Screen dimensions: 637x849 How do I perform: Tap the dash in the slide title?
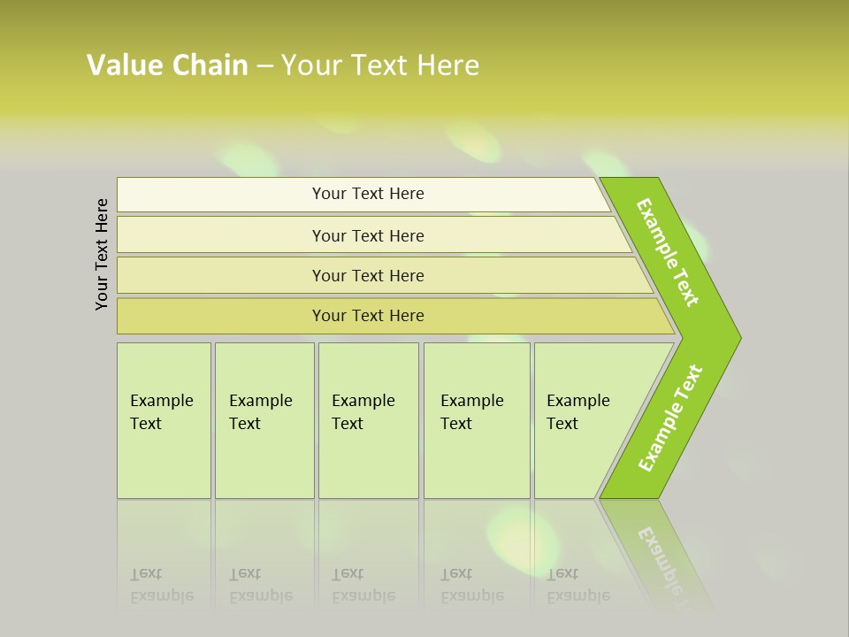[x=264, y=66]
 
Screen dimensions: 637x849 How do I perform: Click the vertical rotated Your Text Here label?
[x=102, y=254]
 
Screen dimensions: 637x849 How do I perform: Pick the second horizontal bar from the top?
[x=368, y=235]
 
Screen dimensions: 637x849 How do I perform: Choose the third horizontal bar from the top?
[x=368, y=275]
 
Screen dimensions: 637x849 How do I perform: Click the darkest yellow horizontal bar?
[x=368, y=316]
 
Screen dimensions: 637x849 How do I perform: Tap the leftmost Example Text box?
[x=164, y=419]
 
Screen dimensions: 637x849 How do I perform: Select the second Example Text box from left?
[x=264, y=419]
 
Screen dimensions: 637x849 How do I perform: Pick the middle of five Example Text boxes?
[x=368, y=419]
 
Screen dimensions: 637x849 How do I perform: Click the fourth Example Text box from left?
[x=476, y=419]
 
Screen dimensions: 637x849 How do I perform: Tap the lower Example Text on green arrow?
[x=670, y=418]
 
